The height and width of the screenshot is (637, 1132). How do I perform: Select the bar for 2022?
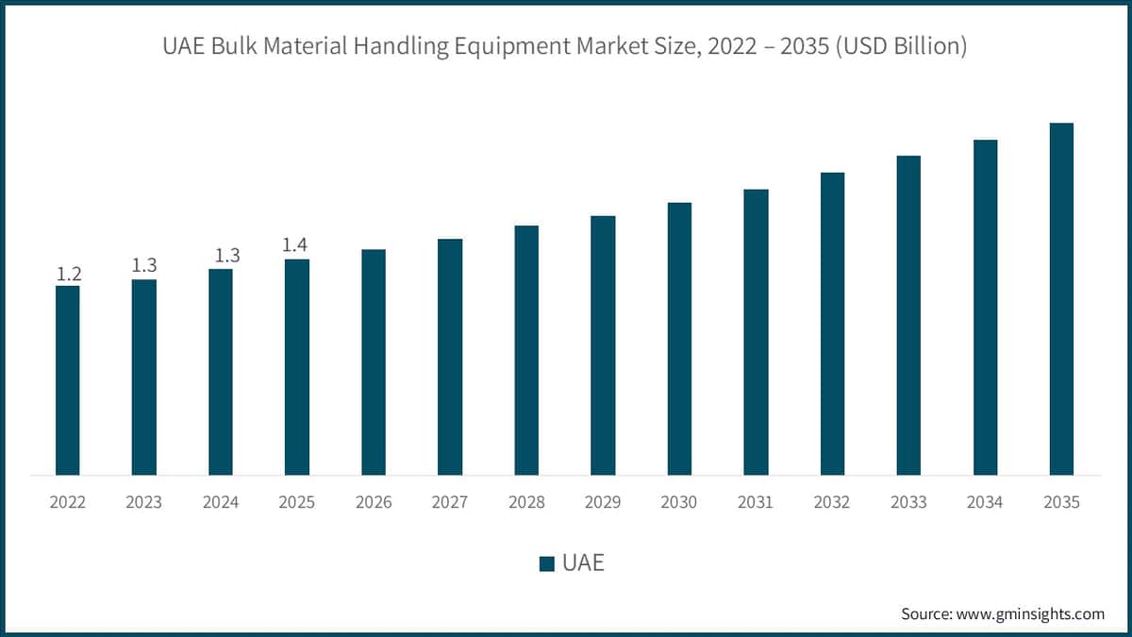point(68,379)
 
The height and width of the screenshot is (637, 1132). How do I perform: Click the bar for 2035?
point(1061,298)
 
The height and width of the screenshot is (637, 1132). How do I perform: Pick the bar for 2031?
point(756,331)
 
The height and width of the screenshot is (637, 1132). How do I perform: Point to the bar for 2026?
point(374,361)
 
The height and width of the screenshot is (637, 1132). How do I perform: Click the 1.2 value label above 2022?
point(68,275)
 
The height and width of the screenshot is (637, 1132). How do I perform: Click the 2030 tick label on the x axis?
point(679,502)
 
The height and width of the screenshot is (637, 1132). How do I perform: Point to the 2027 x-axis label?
point(450,502)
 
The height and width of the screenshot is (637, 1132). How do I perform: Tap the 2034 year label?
point(985,502)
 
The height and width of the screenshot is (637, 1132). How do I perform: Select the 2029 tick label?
point(603,502)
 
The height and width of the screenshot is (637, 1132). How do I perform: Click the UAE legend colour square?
point(546,564)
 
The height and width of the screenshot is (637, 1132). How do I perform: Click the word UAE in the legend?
point(583,564)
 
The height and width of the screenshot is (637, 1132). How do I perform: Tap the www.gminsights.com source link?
point(1029,613)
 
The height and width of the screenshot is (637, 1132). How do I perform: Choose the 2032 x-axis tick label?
point(832,502)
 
